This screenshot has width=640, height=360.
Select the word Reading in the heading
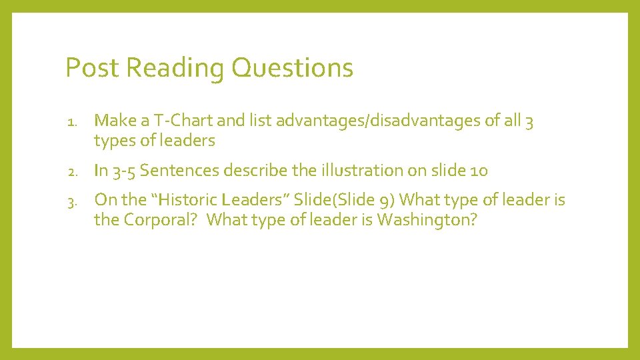pyautogui.click(x=175, y=68)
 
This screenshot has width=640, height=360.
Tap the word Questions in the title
pyautogui.click(x=292, y=68)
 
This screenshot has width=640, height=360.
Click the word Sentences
pyautogui.click(x=179, y=171)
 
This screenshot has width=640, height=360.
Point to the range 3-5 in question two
pyautogui.click(x=125, y=171)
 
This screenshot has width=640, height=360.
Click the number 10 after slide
pyautogui.click(x=479, y=171)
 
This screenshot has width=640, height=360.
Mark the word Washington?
pyautogui.click(x=427, y=220)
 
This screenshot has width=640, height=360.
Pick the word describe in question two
pyautogui.click(x=256, y=171)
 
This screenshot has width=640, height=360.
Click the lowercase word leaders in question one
pyautogui.click(x=187, y=141)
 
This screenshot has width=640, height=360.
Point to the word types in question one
pyautogui.click(x=113, y=141)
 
